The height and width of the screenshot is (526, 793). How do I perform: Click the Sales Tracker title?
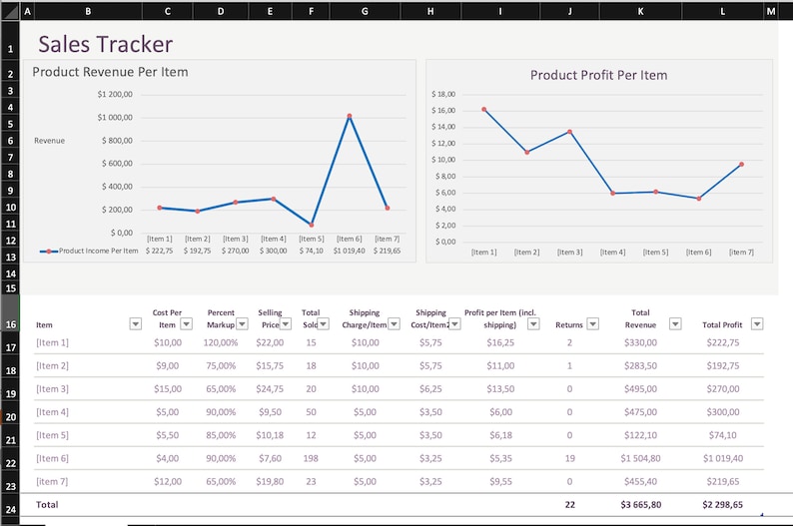105,45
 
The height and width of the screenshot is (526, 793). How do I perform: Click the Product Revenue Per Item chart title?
110,72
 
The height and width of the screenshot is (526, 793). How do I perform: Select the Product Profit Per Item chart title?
598,75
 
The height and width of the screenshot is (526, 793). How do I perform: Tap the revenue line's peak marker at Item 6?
350,116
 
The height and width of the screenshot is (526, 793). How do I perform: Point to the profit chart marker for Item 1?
484,110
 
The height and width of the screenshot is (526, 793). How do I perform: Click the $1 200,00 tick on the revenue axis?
115,95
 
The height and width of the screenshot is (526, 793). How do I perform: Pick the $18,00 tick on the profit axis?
443,94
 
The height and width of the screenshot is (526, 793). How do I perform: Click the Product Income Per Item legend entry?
89,252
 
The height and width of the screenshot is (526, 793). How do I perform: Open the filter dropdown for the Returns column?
592,323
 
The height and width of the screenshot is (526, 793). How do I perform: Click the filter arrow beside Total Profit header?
757,323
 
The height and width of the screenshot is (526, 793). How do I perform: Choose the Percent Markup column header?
221,318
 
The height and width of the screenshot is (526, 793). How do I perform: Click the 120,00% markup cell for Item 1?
221,342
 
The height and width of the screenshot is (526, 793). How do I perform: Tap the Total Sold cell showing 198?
311,458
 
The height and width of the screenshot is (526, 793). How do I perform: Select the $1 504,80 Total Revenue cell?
640,458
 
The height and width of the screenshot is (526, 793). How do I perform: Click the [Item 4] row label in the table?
52,411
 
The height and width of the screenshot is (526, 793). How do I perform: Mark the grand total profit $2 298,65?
722,505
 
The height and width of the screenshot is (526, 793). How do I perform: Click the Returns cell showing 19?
569,458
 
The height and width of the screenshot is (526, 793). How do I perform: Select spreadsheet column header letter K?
640,11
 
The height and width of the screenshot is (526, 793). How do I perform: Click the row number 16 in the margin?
10,324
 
